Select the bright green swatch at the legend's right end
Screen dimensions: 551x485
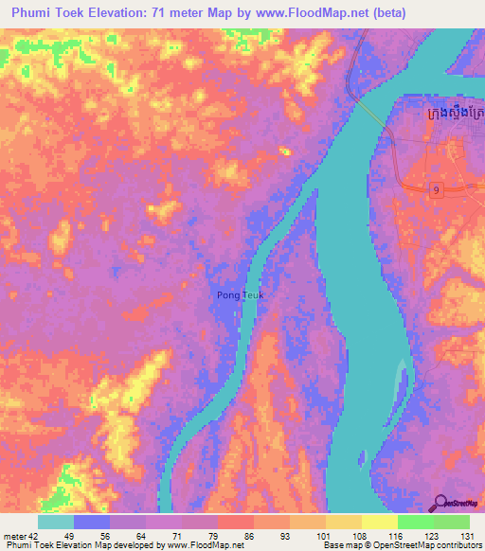point(451,522)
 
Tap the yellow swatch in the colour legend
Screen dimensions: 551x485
point(379,522)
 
